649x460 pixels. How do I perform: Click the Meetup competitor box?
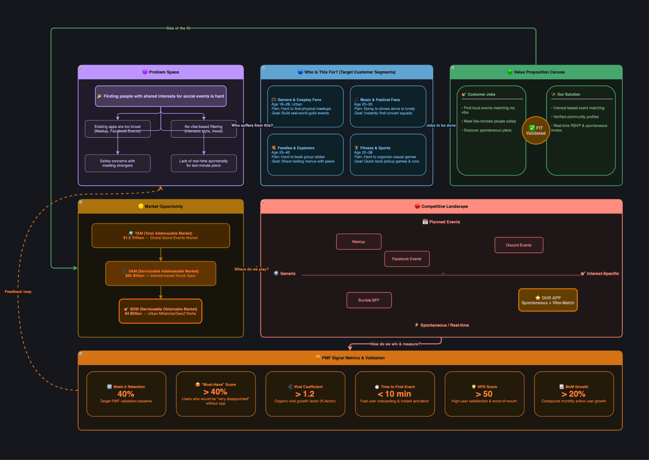358,242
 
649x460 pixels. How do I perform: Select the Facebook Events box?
407,259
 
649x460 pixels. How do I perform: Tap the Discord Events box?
519,245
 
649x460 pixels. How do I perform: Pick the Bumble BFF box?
369,300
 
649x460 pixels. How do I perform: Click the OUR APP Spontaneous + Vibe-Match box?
548,300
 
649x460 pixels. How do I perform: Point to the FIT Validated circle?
536,131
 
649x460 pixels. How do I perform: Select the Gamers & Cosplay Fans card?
305,106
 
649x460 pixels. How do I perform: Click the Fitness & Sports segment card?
388,155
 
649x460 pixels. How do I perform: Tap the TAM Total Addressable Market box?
161,236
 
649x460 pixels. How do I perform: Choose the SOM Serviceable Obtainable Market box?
161,311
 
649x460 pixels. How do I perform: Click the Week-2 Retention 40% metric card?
126,394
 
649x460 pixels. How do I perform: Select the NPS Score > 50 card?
484,394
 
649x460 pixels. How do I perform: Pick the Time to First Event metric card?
395,394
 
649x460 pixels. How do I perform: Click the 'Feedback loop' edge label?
18,292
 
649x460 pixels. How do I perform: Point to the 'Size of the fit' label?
178,28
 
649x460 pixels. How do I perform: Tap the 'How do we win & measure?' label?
395,344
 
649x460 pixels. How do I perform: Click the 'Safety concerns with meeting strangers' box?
118,163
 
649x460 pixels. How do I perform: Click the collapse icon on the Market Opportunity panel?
81,202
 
